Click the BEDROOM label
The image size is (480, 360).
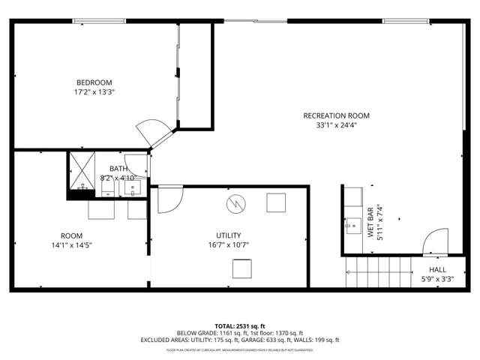click(94, 82)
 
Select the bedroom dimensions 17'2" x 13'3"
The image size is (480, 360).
click(94, 92)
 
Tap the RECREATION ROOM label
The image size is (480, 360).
click(336, 115)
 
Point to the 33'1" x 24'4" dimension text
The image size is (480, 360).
click(336, 125)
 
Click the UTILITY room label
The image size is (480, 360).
click(228, 235)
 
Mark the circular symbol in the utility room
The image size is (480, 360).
click(235, 203)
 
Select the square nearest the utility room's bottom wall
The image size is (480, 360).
click(241, 268)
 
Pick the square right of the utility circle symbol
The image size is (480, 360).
click(276, 202)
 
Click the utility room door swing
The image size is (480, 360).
click(169, 198)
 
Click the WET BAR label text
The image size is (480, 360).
click(370, 223)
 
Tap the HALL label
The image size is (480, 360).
click(437, 270)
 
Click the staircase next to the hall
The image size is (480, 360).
click(379, 271)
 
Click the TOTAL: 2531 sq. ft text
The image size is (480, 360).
click(240, 325)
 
